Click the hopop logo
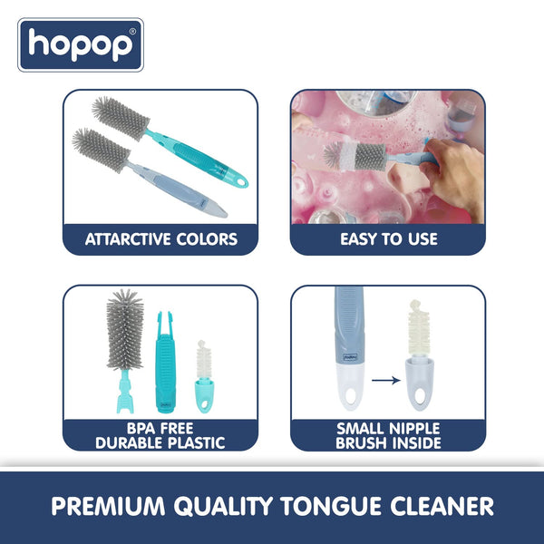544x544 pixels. pos(81,44)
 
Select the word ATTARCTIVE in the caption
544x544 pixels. pos(128,240)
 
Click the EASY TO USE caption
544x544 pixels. pos(388,240)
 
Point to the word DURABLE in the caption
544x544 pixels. pos(128,442)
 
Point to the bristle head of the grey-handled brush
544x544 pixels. pos(92,145)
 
